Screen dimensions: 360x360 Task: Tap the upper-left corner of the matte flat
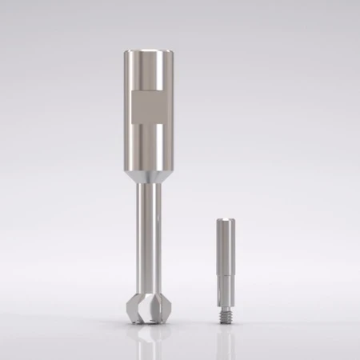coord(131,92)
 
